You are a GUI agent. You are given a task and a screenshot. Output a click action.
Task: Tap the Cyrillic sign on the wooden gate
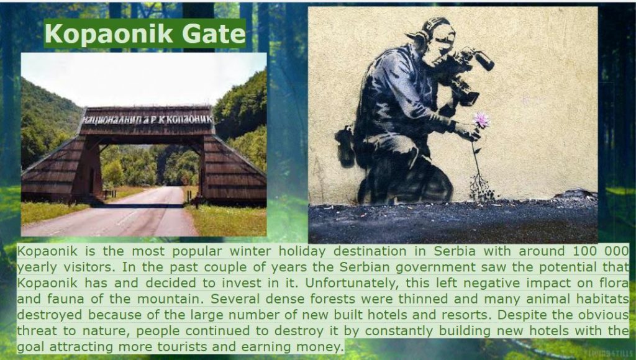pos(148,119)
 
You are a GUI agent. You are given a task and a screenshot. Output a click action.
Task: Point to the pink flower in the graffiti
pos(481,120)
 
